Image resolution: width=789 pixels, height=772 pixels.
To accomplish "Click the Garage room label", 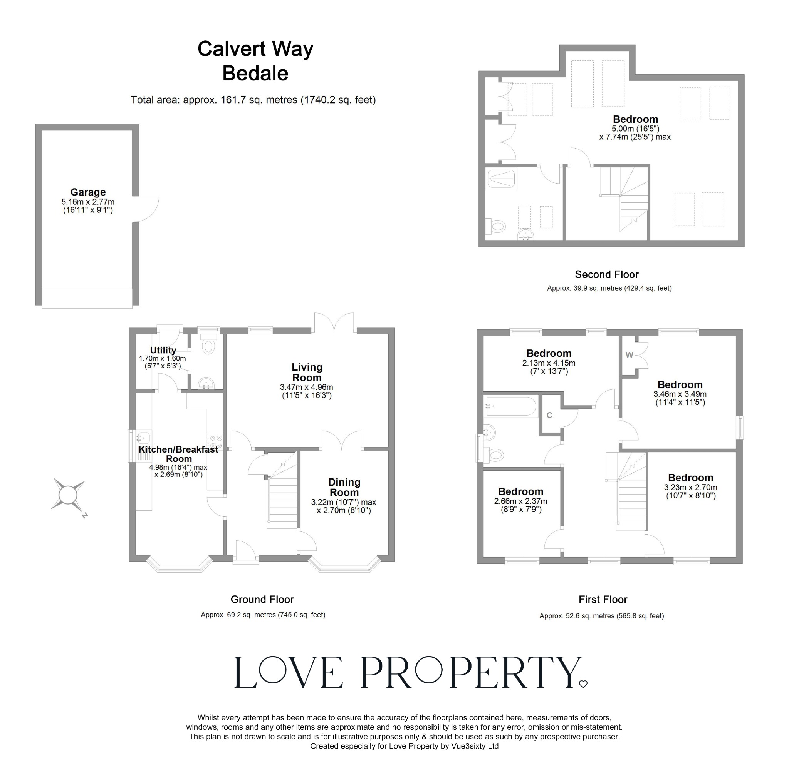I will pyautogui.click(x=88, y=192).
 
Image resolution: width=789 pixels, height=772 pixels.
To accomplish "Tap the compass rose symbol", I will pyautogui.click(x=68, y=494).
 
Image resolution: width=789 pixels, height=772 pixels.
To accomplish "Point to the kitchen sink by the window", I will pyautogui.click(x=143, y=438).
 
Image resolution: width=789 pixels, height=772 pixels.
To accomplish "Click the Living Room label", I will pyautogui.click(x=307, y=372).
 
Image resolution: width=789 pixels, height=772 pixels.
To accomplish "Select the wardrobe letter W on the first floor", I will pyautogui.click(x=629, y=355).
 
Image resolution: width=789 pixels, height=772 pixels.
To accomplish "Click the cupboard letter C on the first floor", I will pyautogui.click(x=549, y=415).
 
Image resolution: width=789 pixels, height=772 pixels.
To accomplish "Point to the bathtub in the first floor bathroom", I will pyautogui.click(x=511, y=406).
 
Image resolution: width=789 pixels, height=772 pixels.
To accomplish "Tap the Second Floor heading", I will pyautogui.click(x=606, y=274).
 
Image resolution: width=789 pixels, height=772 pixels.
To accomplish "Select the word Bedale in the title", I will pyautogui.click(x=255, y=74).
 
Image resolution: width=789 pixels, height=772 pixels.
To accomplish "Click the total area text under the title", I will pyautogui.click(x=253, y=100).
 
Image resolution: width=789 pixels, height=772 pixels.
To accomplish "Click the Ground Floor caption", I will pyautogui.click(x=262, y=599).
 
